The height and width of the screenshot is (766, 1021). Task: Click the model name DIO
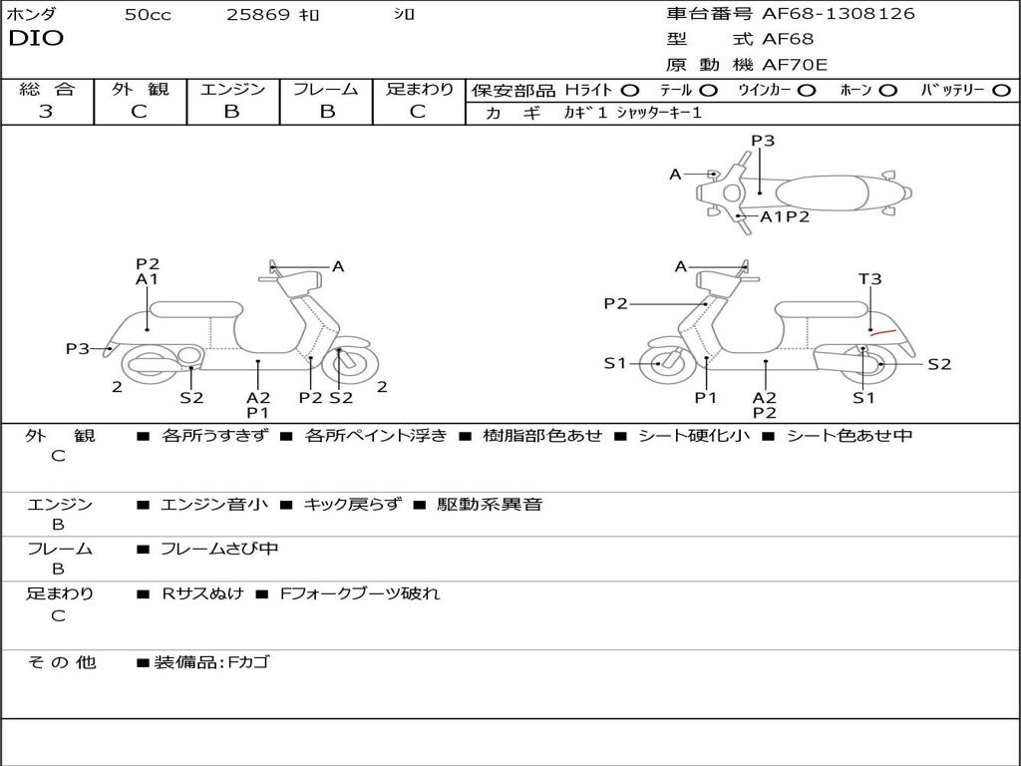36,39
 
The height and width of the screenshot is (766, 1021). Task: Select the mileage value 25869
258,15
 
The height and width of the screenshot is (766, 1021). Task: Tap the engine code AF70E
795,65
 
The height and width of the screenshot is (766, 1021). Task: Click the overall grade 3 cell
46,112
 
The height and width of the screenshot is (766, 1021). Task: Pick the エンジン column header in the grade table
232,89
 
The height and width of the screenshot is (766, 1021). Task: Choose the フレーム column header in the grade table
325,89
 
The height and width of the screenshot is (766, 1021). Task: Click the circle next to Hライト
630,91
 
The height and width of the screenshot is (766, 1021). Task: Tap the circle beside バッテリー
1002,91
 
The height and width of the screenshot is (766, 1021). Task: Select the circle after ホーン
888,91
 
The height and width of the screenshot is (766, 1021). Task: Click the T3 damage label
870,279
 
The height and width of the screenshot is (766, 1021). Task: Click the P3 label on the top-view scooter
763,141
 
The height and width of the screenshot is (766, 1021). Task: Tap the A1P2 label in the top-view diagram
785,216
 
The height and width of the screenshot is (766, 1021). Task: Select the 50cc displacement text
148,15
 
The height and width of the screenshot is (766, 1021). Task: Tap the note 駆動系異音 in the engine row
490,505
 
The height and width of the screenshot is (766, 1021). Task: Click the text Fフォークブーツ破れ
360,593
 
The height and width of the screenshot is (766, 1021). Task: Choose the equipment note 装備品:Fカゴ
211,662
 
